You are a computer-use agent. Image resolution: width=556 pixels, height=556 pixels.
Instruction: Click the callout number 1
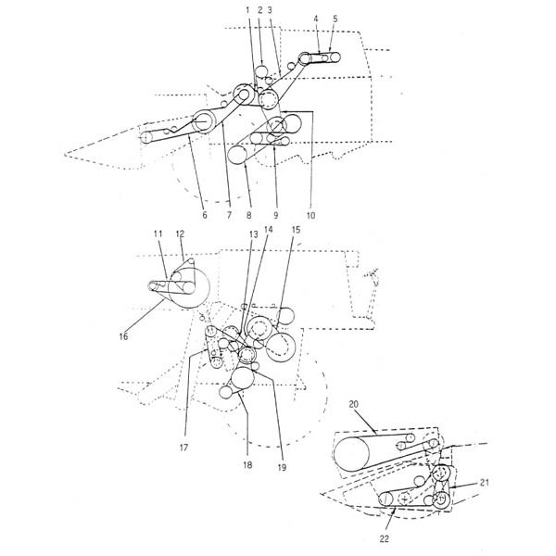(248, 10)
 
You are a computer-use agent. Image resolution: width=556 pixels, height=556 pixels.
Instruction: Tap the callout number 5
(335, 19)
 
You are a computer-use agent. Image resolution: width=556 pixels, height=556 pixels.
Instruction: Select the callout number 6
(204, 215)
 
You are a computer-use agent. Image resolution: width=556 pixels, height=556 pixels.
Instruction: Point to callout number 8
(248, 215)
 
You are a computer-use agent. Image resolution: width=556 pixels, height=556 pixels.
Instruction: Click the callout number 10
(310, 215)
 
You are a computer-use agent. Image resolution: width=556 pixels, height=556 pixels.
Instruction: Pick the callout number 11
(158, 234)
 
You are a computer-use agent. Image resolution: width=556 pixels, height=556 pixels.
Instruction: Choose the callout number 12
(180, 234)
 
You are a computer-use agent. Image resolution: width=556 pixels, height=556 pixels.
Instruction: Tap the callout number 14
(269, 230)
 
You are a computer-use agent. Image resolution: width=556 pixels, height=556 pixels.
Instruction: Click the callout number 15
(296, 230)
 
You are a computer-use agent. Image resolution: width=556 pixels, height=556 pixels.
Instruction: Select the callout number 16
(123, 336)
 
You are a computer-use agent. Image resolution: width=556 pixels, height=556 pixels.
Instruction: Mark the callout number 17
(183, 448)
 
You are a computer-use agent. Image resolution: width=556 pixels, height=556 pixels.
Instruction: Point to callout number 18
(247, 464)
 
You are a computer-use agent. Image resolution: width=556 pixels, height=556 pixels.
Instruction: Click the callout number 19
(282, 468)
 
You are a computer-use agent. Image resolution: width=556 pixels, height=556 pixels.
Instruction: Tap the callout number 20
(354, 404)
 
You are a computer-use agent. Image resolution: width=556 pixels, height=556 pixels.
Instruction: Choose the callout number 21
(485, 482)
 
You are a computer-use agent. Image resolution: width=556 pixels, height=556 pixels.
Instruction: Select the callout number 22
(384, 538)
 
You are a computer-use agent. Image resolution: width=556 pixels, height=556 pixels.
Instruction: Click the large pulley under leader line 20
(351, 454)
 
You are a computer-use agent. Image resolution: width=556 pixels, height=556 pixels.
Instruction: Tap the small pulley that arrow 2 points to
(261, 71)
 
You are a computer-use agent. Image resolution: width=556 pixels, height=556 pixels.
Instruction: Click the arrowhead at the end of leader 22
(396, 510)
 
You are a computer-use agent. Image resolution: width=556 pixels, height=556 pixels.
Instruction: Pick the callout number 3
(270, 10)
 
